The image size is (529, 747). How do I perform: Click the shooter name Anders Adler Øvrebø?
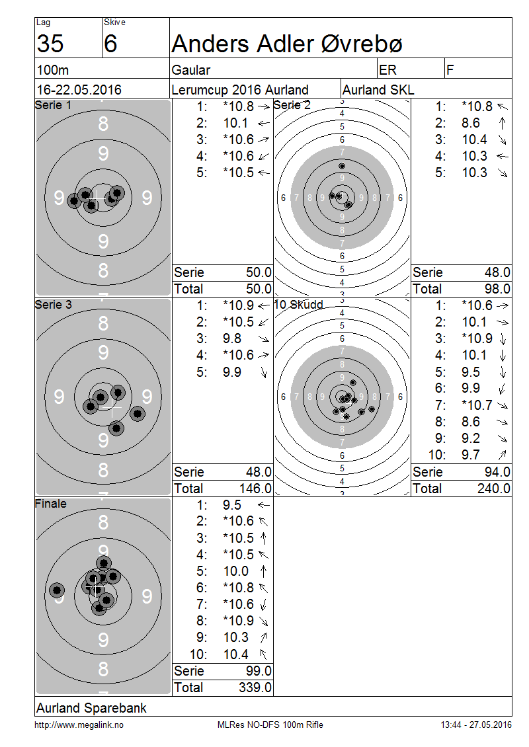pos(287,44)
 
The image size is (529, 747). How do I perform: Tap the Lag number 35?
pos(50,44)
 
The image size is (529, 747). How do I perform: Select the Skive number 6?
pos(110,44)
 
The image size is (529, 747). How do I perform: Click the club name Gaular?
pos(190,70)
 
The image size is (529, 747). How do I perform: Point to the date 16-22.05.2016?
pos(79,89)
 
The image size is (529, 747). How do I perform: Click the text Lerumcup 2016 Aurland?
pos(240,89)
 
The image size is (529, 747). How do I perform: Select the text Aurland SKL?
pos(378,89)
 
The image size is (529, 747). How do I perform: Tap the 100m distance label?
pos(53,70)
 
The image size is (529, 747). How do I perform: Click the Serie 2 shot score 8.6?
pos(470,123)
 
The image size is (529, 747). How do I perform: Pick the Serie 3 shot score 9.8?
pos(232,338)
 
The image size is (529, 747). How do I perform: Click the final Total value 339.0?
pos(255,688)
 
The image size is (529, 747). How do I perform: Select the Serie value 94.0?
pos(497,471)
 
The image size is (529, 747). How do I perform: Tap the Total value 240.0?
pos(494,489)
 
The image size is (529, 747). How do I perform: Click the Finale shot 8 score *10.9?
pos(238,620)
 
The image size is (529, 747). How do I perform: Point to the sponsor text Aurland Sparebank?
pos(91,708)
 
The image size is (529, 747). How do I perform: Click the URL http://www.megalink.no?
pos(79,725)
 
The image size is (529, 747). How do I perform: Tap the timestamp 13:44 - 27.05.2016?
pos(476,725)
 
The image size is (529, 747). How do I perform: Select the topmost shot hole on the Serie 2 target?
pos(342,166)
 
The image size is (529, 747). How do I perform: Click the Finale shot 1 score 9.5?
pos(232,504)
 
